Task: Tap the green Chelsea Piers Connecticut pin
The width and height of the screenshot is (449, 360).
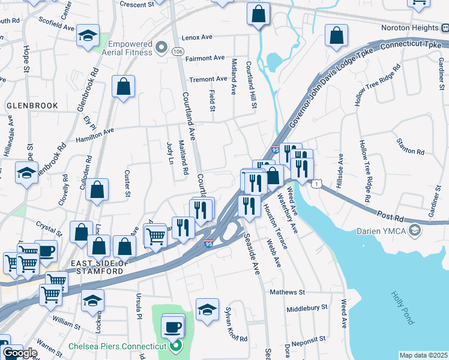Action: point(176,346)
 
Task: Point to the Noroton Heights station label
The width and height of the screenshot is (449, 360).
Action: point(410,28)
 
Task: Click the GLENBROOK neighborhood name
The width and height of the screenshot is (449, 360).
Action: point(32,106)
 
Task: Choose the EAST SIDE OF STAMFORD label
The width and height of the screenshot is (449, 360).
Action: point(98,268)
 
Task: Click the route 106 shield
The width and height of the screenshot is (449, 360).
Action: point(178,52)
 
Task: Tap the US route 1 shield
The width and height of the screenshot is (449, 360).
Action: point(315,184)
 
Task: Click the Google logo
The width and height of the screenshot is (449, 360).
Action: point(20,353)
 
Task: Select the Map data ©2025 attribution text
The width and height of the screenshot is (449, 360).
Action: point(423,355)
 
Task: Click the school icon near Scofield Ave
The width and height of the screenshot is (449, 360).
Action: point(88,35)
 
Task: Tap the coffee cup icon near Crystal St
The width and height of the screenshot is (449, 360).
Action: point(46,251)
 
